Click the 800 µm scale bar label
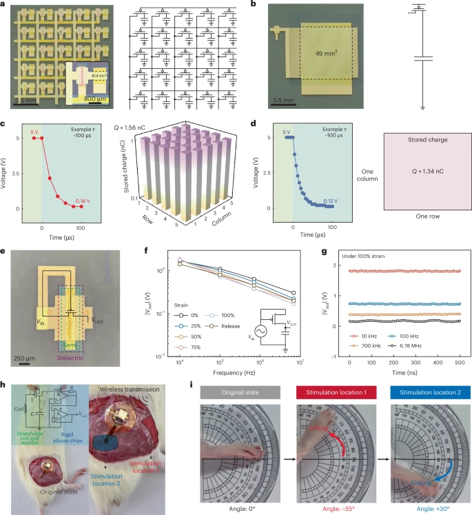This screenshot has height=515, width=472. (x=77, y=99)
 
